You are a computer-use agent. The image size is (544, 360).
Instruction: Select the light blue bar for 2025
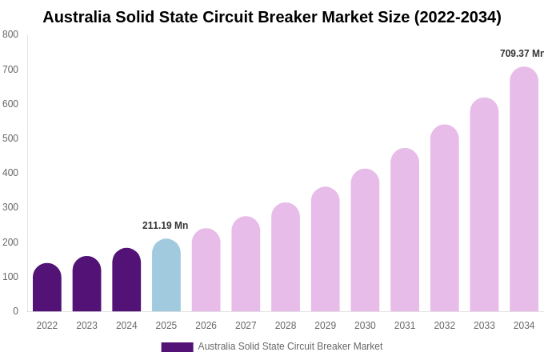click(166, 276)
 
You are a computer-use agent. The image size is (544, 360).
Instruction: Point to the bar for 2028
click(286, 258)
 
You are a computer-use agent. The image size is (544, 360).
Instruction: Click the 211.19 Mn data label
click(166, 226)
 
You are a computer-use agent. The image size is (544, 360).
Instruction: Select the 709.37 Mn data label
click(522, 54)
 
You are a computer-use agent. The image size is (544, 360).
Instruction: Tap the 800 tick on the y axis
click(10, 34)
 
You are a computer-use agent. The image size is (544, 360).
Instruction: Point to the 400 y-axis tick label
click(10, 173)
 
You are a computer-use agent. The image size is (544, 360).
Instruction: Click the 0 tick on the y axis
click(15, 311)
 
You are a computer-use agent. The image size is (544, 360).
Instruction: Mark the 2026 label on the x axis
click(206, 326)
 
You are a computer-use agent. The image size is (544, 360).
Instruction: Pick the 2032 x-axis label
click(445, 326)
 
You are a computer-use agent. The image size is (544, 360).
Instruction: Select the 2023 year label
click(86, 326)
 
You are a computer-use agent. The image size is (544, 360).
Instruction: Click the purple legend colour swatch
click(177, 347)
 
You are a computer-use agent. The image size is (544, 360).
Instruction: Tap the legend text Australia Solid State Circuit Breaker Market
click(290, 346)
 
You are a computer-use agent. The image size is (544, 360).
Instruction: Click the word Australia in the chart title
click(80, 17)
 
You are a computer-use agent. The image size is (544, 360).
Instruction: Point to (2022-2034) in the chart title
click(458, 17)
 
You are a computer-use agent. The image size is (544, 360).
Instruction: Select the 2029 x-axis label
click(326, 326)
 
